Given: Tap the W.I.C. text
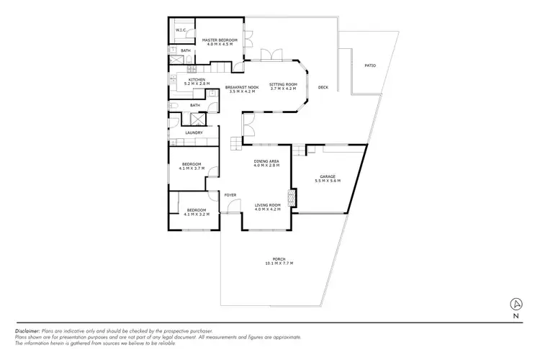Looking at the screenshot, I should pos(181,30).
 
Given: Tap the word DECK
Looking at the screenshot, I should pos(323,87).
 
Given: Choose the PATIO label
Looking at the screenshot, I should pos(370,66).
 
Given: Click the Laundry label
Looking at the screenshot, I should pos(193,132).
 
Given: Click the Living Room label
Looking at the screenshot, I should pos(266,204).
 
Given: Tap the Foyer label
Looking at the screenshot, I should pos(230,195).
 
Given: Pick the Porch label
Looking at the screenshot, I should pos(279,259).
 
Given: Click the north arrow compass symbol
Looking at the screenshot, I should pos(516,302).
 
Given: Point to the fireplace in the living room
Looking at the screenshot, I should pos(291,197).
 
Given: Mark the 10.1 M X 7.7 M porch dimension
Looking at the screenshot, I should pos(279,264).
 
